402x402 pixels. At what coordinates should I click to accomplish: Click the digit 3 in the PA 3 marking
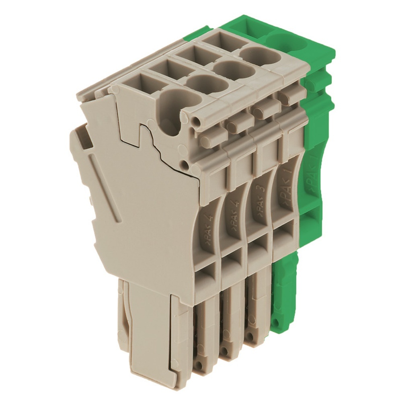[261, 188]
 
